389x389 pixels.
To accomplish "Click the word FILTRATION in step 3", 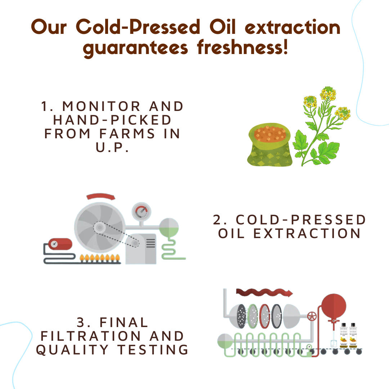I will (90, 336).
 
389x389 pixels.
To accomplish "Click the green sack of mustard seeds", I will (269, 144).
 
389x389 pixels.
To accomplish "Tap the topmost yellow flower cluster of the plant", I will (328, 93).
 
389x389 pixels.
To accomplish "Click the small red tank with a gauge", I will (60, 244).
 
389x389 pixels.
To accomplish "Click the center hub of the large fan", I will (99, 227).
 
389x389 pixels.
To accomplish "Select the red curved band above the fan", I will (101, 197).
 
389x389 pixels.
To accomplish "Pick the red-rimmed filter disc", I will (265, 316).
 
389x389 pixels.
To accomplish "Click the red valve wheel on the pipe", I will (312, 317).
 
